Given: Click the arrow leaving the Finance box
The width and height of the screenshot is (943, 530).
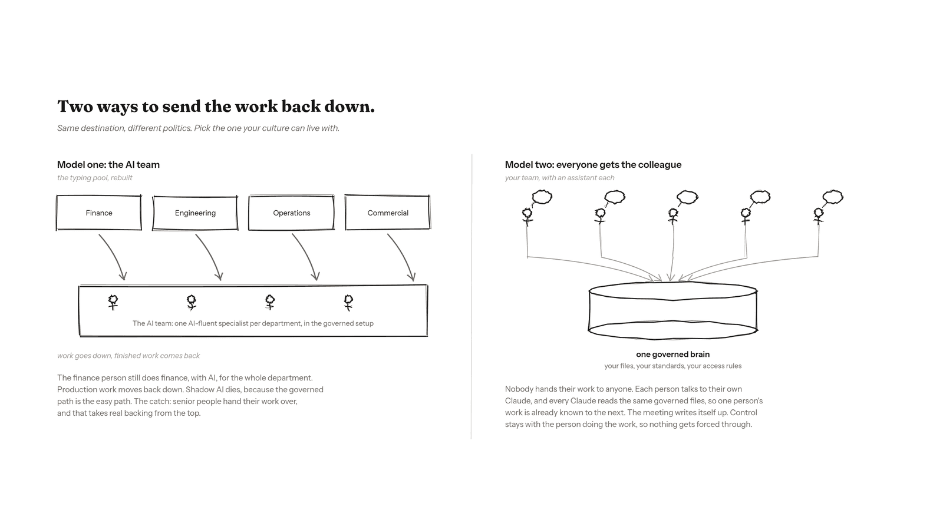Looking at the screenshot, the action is click(114, 254).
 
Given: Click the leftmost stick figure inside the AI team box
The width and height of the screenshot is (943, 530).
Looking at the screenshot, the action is click(113, 303).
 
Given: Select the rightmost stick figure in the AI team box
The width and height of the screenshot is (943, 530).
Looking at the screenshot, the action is click(348, 303).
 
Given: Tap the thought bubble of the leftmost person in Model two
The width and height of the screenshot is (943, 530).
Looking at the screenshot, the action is click(542, 197).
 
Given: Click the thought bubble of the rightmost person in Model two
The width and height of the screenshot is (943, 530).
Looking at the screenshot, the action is click(833, 197).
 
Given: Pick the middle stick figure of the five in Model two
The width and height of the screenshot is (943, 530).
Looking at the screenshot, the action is click(673, 216).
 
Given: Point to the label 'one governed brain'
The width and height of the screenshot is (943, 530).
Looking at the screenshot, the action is click(672, 354).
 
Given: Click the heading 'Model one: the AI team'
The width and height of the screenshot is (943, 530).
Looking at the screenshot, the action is click(108, 164).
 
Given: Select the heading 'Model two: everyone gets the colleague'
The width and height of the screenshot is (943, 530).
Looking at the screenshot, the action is click(593, 164).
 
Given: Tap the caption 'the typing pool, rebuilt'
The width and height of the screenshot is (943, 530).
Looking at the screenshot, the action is click(95, 177).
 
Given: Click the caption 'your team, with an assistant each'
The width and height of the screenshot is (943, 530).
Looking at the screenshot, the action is click(559, 177).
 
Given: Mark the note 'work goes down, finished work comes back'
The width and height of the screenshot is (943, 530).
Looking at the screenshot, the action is click(128, 356).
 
